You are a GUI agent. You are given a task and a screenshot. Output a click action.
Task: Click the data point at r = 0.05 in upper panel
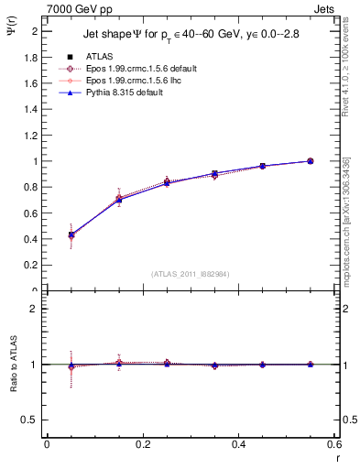[71, 234]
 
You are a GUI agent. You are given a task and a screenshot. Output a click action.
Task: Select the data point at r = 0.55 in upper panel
[310, 161]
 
